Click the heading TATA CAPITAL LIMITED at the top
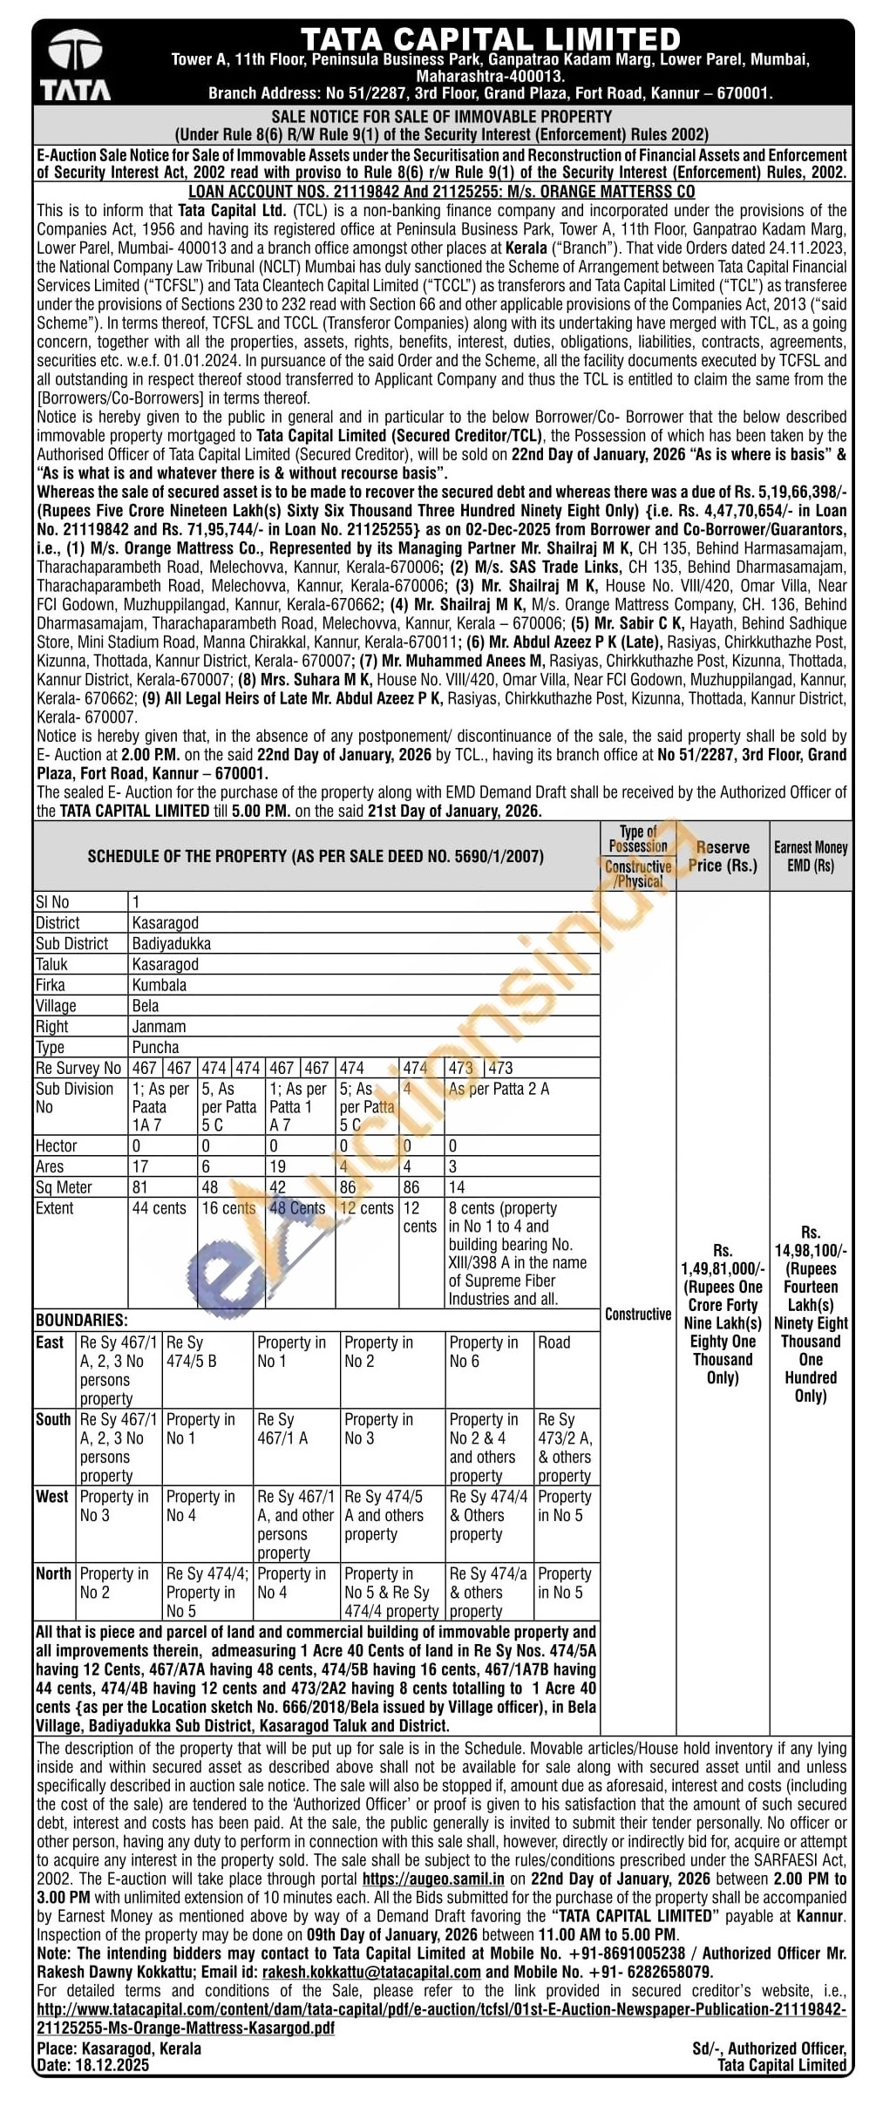pyautogui.click(x=491, y=39)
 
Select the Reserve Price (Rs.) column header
pyautogui.click(x=723, y=856)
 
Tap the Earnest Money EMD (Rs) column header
pyautogui.click(x=811, y=856)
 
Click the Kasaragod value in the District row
pyautogui.click(x=166, y=922)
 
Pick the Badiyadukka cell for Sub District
pyautogui.click(x=172, y=943)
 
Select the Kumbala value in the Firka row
pyautogui.click(x=160, y=985)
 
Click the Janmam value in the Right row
pyautogui.click(x=159, y=1027)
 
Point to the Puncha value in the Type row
pyautogui.click(x=155, y=1047)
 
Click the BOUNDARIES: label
pyautogui.click(x=81, y=1320)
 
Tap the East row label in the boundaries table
pyautogui.click(x=50, y=1342)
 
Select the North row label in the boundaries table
pyautogui.click(x=53, y=1573)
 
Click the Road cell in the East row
pyautogui.click(x=554, y=1342)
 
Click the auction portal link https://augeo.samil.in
pyautogui.click(x=433, y=1879)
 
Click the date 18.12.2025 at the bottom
pyautogui.click(x=112, y=2065)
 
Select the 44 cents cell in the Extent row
pyautogui.click(x=160, y=1208)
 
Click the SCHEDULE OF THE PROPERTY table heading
pyautogui.click(x=316, y=856)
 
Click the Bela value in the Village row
pyautogui.click(x=146, y=1006)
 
